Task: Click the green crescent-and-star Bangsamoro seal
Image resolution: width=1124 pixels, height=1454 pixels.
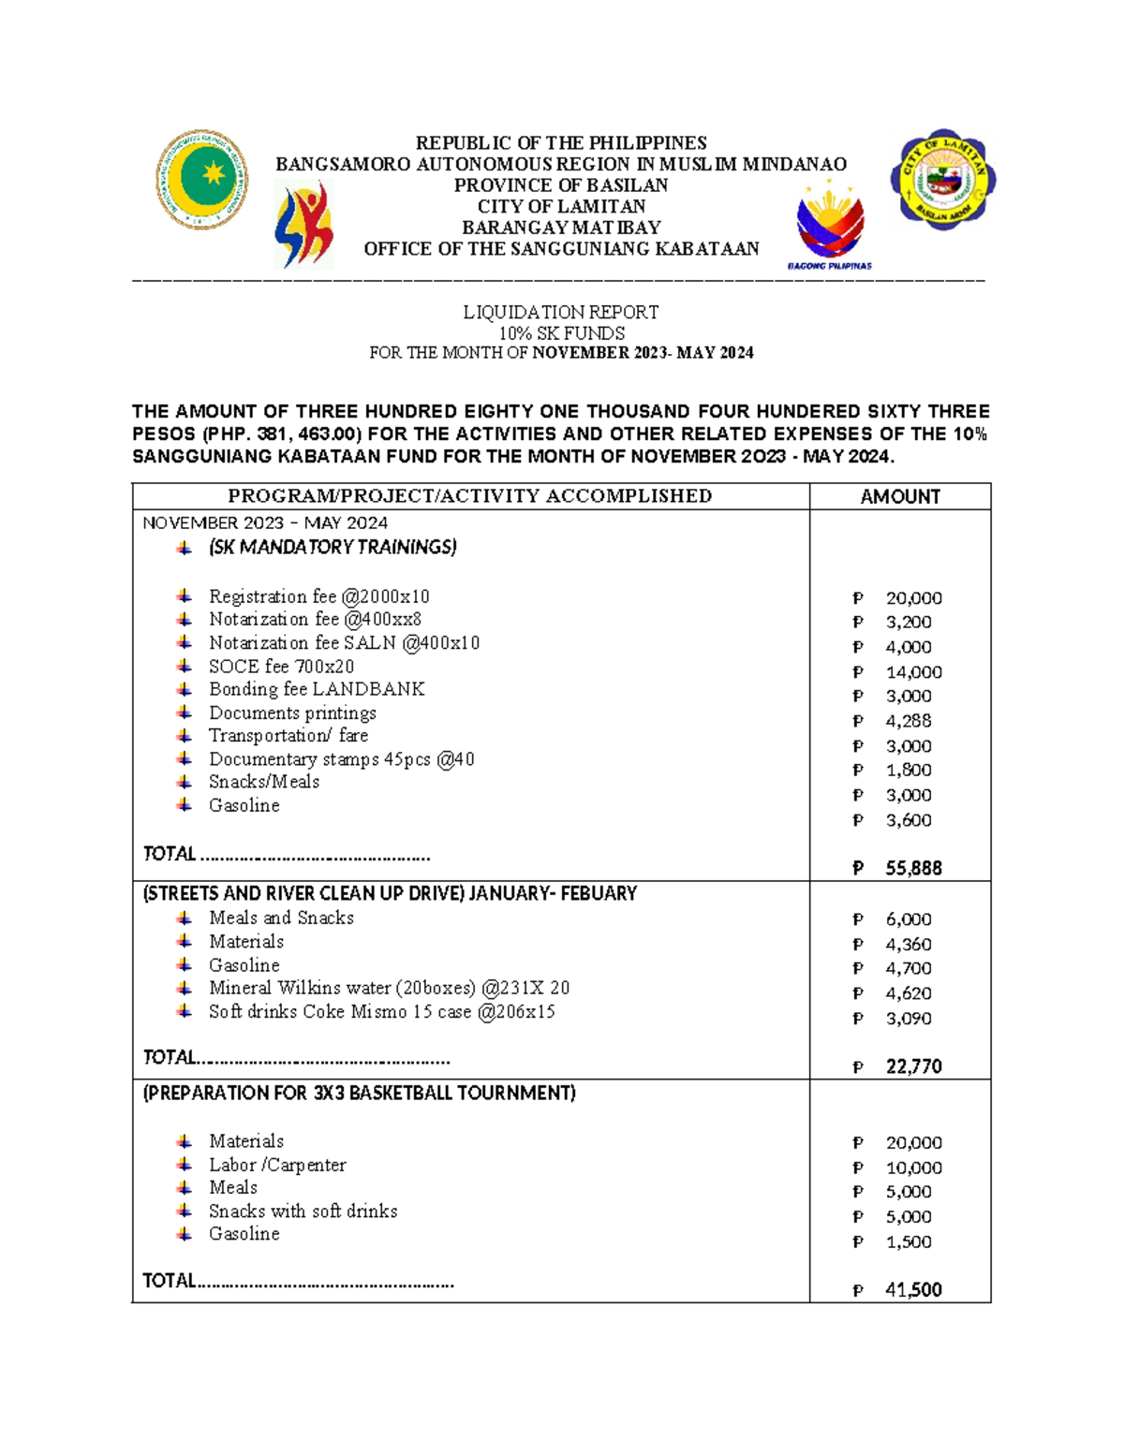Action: pyautogui.click(x=201, y=179)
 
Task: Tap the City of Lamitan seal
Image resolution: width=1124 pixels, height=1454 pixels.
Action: pyautogui.click(x=947, y=180)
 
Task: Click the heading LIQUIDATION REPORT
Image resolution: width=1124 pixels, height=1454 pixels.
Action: pyautogui.click(x=560, y=312)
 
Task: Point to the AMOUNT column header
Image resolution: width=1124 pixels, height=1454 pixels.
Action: pyautogui.click(x=899, y=497)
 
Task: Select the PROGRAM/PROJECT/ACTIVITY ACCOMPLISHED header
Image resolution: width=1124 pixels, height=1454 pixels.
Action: pyautogui.click(x=469, y=496)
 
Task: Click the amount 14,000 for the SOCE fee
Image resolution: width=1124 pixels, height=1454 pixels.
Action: pyautogui.click(x=913, y=672)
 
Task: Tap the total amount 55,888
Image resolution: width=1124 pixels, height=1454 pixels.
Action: pyautogui.click(x=913, y=868)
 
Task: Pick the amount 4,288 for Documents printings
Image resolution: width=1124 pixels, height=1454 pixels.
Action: pyautogui.click(x=908, y=721)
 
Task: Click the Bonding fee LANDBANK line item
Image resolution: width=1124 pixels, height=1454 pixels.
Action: pyautogui.click(x=317, y=689)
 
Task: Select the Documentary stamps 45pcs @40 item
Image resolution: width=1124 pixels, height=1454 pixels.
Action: pyautogui.click(x=341, y=759)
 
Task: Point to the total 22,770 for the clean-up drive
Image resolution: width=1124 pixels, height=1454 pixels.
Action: pyautogui.click(x=913, y=1066)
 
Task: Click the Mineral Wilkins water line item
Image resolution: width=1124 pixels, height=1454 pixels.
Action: pyautogui.click(x=389, y=988)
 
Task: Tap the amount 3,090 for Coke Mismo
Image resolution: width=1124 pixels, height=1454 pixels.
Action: pyautogui.click(x=908, y=1019)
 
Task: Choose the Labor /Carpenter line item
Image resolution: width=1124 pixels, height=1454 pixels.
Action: pyautogui.click(x=277, y=1165)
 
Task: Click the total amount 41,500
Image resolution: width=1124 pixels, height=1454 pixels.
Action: pyautogui.click(x=913, y=1289)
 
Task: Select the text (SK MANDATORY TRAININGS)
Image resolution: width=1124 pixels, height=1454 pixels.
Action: pyautogui.click(x=333, y=547)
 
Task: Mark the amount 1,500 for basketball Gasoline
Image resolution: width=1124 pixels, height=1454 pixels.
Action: pyautogui.click(x=908, y=1241)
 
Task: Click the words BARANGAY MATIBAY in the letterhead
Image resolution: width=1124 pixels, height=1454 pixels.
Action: pyautogui.click(x=560, y=228)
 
